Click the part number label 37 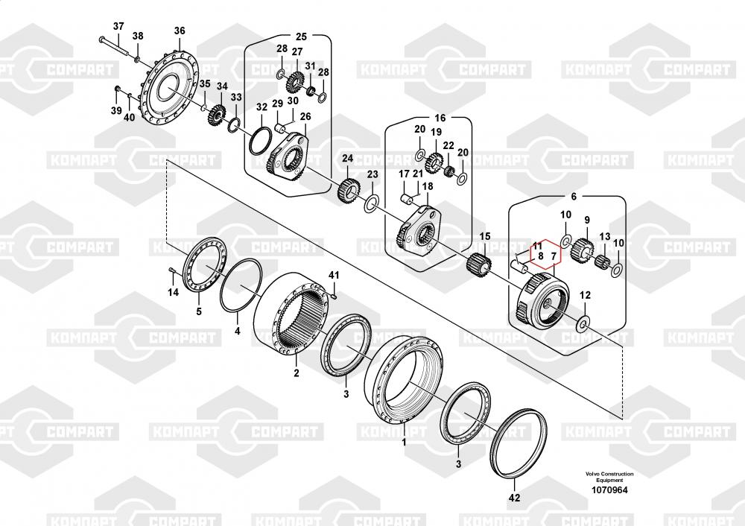coord(118,26)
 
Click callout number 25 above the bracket coord(302,37)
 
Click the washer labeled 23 coord(371,204)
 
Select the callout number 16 coord(440,118)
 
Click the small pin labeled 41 coord(335,297)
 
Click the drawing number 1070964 coord(609,490)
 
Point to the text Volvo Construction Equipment coord(609,477)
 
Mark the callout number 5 coord(199,311)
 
